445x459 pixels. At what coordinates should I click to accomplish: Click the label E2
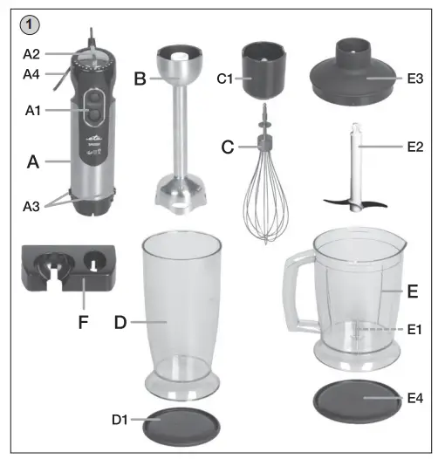[414, 147]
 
